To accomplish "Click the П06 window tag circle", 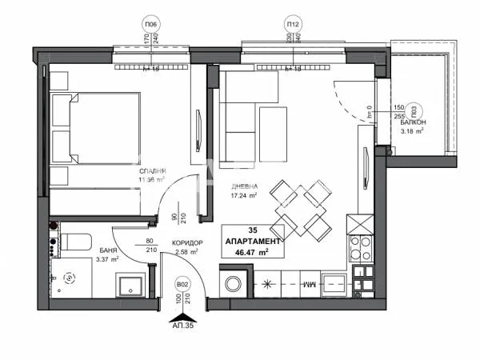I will point(149,24).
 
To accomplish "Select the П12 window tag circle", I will point(293,24).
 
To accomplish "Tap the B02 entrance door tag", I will point(182,284).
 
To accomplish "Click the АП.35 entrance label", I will point(184,326).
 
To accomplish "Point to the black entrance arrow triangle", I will point(183,314).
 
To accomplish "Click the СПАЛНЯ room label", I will point(151,170).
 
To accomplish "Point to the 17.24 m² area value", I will point(242,194).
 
